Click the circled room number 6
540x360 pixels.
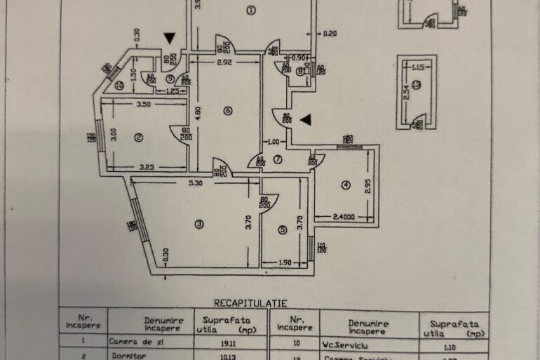tap(227, 111)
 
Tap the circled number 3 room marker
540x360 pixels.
tap(199, 225)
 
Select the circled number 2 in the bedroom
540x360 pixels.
tap(139, 138)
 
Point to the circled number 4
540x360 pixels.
tap(345, 185)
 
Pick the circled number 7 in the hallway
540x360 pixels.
tap(278, 159)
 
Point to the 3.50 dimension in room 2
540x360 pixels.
tap(143, 105)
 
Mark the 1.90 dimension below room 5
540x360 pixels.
tap(285, 262)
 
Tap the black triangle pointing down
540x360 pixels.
tap(169, 38)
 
